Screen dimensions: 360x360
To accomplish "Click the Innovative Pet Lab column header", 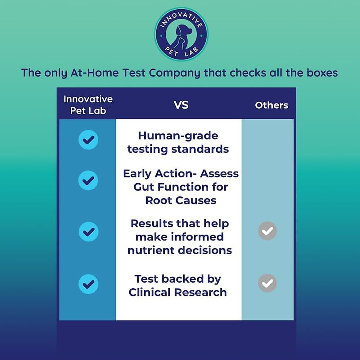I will pyautogui.click(x=88, y=105).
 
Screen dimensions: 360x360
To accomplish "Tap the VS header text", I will pyautogui.click(x=181, y=105).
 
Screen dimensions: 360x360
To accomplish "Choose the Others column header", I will pyautogui.click(x=271, y=105).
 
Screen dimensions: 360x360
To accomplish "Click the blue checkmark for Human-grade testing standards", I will pyautogui.click(x=88, y=140).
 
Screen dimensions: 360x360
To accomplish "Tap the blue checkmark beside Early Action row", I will pyautogui.click(x=88, y=180).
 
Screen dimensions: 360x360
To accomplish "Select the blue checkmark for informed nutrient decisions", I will pyautogui.click(x=88, y=232).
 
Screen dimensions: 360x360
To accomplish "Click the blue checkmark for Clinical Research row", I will pyautogui.click(x=88, y=284).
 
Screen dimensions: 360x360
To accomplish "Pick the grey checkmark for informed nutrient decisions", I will pyautogui.click(x=267, y=231).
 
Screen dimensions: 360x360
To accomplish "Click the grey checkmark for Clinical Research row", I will pyautogui.click(x=267, y=283).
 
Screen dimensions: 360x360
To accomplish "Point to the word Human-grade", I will pyautogui.click(x=178, y=136).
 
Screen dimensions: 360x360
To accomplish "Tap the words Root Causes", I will pyautogui.click(x=181, y=200).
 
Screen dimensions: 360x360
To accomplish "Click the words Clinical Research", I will pyautogui.click(x=178, y=292).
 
